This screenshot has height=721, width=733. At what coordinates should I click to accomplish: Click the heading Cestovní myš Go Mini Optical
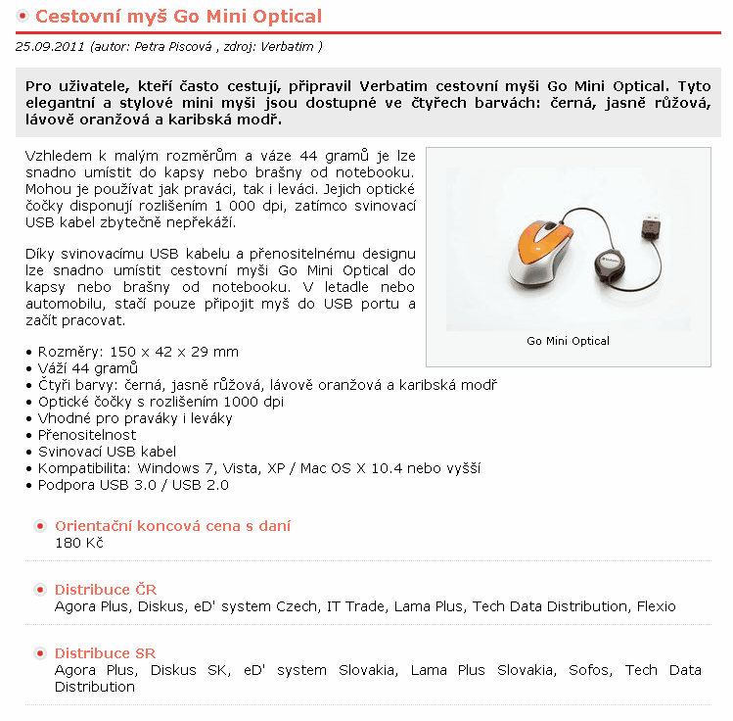[x=178, y=17]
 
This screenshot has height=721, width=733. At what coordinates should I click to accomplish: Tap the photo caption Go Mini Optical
[x=568, y=341]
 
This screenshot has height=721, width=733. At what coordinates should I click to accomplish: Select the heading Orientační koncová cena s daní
[x=172, y=526]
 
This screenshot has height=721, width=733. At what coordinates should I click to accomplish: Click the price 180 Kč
[x=78, y=543]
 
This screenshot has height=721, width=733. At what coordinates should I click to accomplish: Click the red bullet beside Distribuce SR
[x=40, y=653]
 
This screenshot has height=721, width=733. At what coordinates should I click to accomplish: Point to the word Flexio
[x=656, y=606]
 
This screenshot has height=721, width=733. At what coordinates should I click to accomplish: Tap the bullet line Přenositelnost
[x=87, y=435]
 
